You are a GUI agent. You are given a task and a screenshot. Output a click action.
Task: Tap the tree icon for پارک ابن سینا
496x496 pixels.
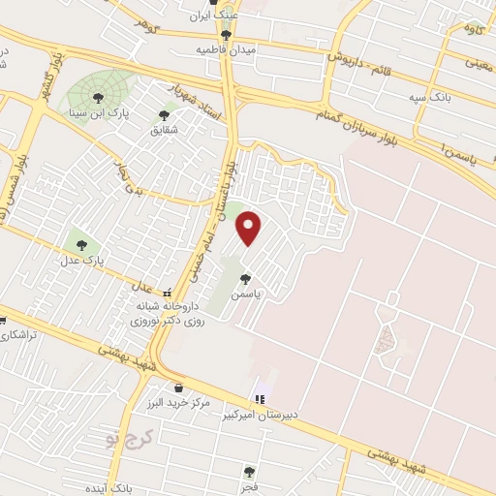click(98, 96)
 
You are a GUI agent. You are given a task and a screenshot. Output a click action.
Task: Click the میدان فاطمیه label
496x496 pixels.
click(225, 48)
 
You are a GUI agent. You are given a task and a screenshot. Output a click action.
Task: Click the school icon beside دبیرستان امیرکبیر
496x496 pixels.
click(259, 398)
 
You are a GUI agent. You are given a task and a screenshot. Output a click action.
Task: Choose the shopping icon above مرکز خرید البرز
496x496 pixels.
click(178, 388)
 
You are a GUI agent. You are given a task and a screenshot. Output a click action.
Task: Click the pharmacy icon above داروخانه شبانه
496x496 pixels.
click(167, 293)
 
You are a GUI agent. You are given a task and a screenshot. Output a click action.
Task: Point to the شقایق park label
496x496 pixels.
click(165, 128)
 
